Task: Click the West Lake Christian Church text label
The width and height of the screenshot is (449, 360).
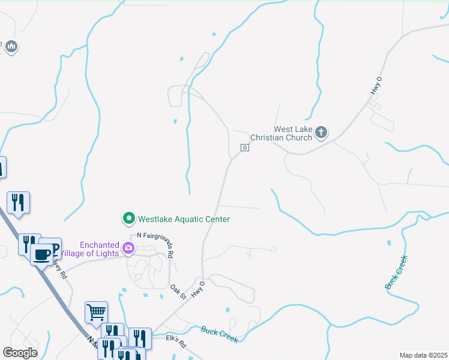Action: tap(293, 133)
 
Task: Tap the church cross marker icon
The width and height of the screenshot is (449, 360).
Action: tap(321, 132)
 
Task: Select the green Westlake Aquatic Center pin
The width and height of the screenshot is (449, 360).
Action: tap(128, 219)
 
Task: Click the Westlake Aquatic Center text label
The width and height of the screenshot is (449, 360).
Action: tap(184, 219)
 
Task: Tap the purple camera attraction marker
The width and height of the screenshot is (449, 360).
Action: tap(128, 248)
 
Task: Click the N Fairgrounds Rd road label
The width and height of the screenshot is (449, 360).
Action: tap(155, 245)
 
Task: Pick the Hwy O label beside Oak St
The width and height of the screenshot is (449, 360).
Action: tap(197, 289)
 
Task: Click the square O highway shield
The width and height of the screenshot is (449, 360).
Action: tap(245, 148)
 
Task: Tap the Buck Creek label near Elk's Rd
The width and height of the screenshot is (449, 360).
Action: tap(219, 334)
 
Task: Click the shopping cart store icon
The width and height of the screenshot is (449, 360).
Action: tap(96, 311)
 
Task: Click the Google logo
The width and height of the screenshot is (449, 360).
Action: tap(20, 352)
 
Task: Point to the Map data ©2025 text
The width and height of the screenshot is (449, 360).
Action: tap(423, 355)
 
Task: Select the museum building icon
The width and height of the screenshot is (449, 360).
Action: tap(11, 46)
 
